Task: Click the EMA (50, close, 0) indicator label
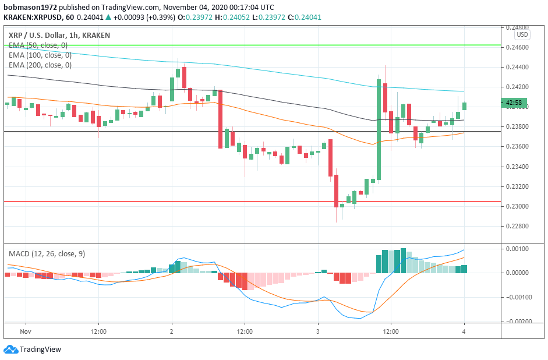[38, 45]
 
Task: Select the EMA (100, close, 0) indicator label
[40, 55]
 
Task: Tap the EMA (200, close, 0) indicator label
[40, 65]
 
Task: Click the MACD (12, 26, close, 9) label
[47, 254]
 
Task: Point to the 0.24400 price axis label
[517, 68]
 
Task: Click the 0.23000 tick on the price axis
[517, 207]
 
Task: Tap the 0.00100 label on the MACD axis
[518, 249]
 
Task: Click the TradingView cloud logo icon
[10, 350]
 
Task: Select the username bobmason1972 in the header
[26, 7]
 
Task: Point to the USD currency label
[522, 35]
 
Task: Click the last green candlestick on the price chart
[464, 105]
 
